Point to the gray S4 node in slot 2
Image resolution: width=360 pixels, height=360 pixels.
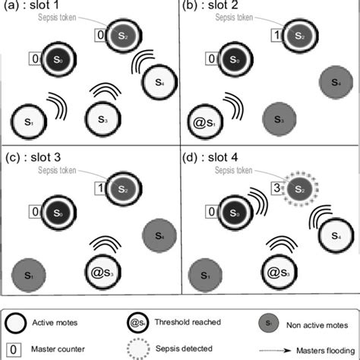[x=335, y=80]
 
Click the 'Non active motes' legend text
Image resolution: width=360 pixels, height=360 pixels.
[x=314, y=321]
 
